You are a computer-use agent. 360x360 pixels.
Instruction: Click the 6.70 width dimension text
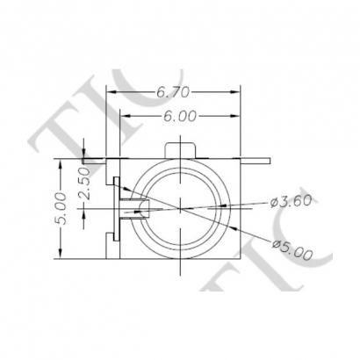174,91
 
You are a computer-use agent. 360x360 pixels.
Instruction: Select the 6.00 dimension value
178,116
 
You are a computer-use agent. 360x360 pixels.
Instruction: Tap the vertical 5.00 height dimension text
61,208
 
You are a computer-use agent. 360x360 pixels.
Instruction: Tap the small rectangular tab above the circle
180,148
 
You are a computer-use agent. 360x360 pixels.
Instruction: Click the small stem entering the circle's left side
134,208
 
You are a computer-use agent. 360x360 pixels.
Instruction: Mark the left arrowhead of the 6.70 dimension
109,91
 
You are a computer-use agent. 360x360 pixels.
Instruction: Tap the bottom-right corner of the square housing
240,258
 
